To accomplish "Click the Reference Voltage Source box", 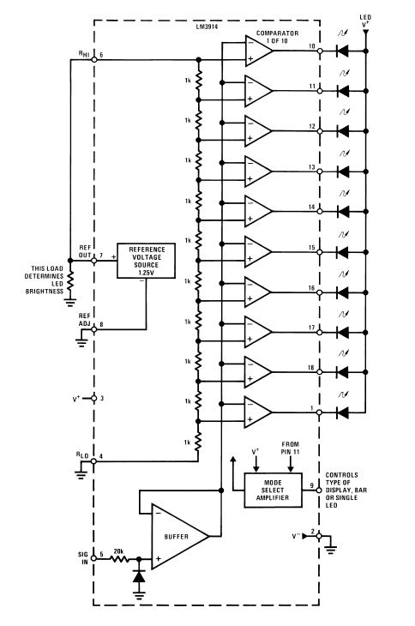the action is coord(146,261).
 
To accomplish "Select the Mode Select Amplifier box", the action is coord(273,491).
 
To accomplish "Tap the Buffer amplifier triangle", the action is coord(180,537).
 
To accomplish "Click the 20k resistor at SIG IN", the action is coord(119,558).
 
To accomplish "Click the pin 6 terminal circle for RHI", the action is coord(94,59).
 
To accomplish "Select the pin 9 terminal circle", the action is coord(319,490).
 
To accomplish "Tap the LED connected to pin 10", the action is coord(342,51).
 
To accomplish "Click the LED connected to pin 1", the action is coord(342,412).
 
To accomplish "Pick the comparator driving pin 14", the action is coord(259,212).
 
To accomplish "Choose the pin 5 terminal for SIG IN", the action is coord(94,558).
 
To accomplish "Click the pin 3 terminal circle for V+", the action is coord(94,399).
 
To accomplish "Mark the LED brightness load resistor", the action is coord(70,280).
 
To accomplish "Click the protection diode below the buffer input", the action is coord(139,576).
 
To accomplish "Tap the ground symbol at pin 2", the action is coord(331,550).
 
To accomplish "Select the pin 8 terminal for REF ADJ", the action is coord(94,329).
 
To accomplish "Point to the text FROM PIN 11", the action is coord(291,448).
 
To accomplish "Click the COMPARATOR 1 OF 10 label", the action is coord(277,37).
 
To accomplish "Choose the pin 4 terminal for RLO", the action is coord(94,461).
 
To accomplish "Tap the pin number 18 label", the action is coord(311,367).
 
